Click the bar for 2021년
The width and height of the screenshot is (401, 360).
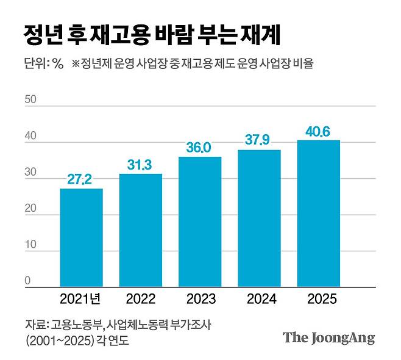[81, 237]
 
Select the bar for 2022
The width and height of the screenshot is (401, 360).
[140, 230]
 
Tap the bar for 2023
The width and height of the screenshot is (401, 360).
[200, 221]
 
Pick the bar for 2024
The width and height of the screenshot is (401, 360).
[259, 218]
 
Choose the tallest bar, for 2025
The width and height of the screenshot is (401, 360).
[318, 213]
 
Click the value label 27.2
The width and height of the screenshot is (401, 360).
[81, 179]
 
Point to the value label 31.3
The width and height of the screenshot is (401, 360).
[140, 165]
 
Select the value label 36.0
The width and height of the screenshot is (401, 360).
[200, 148]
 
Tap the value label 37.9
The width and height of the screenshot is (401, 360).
[259, 141]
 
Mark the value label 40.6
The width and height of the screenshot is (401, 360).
[318, 131]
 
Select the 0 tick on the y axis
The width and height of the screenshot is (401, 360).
[27, 281]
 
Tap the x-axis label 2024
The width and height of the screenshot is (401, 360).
[259, 299]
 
